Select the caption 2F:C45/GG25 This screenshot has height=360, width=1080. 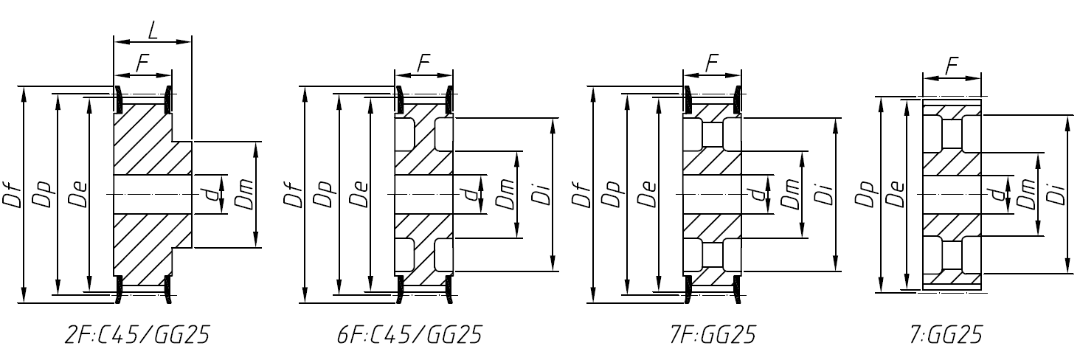137,336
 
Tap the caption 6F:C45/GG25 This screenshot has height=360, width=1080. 409,336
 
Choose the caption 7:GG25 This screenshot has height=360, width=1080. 946,336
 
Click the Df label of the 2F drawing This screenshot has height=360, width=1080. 14,194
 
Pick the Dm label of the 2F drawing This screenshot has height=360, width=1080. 246,194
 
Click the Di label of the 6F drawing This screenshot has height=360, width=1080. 539,194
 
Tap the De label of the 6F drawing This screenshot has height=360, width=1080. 359,194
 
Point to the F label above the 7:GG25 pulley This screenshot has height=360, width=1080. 952,66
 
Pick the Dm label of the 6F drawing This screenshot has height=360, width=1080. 506,194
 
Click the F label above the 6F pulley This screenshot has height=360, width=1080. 423,63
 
